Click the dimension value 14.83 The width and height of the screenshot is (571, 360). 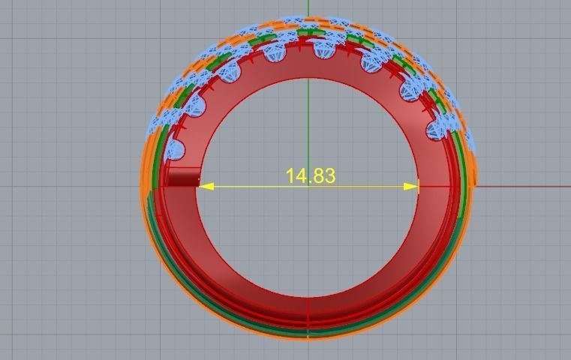[x=310, y=175]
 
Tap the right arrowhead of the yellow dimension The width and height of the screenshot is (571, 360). [x=411, y=186]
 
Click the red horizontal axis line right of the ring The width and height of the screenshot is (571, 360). [x=525, y=187]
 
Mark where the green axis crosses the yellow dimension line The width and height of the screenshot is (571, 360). [x=308, y=186]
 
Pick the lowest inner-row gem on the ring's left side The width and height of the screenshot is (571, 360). [x=174, y=149]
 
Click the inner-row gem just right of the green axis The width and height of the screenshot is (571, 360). [x=325, y=49]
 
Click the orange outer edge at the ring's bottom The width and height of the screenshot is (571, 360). [x=308, y=336]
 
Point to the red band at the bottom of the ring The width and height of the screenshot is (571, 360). [x=308, y=307]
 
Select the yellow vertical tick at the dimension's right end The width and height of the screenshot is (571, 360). [x=419, y=186]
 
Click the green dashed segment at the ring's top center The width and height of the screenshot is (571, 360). [x=307, y=32]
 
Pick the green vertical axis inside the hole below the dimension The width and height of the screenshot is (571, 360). [x=308, y=240]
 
